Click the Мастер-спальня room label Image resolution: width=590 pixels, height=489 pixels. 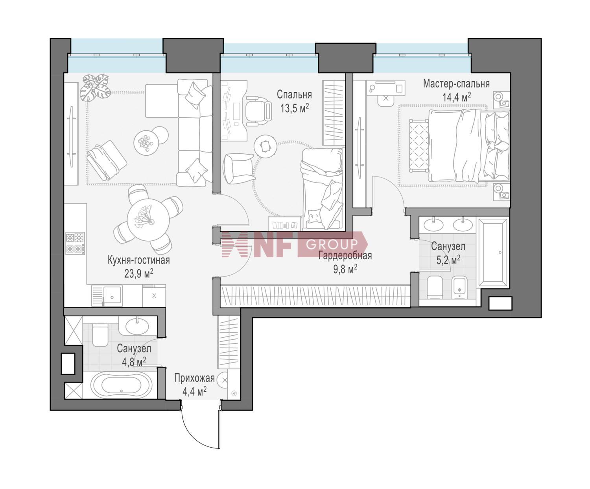coord(456,84)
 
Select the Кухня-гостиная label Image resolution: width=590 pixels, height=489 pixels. coord(138,260)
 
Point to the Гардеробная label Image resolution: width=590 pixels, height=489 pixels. coord(345,256)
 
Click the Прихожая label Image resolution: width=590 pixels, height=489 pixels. coord(194,378)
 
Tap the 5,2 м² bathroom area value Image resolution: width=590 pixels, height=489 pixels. coord(448,260)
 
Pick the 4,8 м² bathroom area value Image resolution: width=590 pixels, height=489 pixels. coord(134,362)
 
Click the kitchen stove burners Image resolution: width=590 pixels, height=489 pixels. coord(75,243)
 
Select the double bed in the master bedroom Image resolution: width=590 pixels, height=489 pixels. coord(469,145)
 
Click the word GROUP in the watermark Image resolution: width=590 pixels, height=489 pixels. coord(332,244)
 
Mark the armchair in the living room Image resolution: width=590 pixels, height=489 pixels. coord(107,160)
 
